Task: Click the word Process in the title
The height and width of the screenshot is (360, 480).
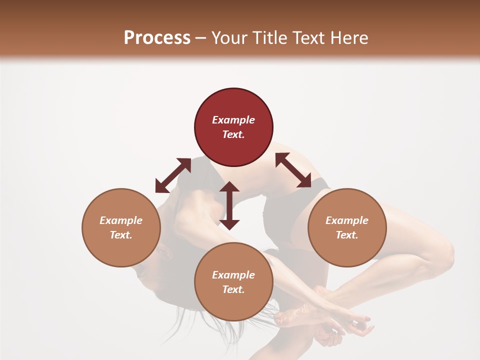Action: point(157,38)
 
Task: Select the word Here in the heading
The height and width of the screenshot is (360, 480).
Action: point(349,38)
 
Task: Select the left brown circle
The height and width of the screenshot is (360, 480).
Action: point(121,227)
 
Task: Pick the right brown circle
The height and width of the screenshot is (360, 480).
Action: point(347,227)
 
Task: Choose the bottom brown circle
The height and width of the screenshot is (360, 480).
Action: point(233,282)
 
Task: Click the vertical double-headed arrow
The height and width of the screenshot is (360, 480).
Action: point(229,205)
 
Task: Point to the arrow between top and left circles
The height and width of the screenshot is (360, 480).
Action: point(173,175)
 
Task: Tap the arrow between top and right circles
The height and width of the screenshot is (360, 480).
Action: point(293,170)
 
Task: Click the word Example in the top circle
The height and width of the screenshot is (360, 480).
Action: point(233,120)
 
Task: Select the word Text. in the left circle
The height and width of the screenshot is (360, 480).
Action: point(121,235)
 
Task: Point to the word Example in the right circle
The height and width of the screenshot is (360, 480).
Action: point(347,220)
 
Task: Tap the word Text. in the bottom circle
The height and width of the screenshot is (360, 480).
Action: point(233,289)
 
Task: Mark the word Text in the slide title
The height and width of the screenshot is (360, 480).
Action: point(308,38)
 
